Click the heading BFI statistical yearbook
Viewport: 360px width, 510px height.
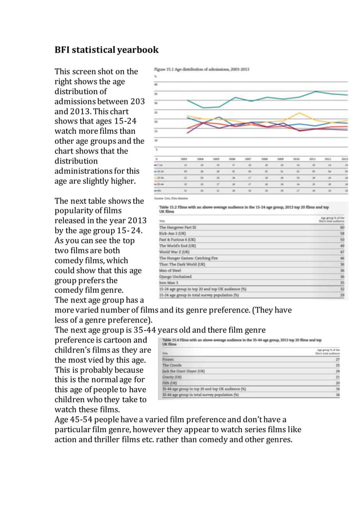pyautogui.click(x=106, y=50)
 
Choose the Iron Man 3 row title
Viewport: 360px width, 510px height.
pyautogui.click(x=170, y=283)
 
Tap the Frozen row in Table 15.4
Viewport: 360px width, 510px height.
pyautogui.click(x=168, y=358)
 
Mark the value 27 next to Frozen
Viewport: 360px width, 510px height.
pyautogui.click(x=337, y=358)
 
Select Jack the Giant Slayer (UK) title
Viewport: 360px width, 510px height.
pyautogui.click(x=184, y=371)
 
